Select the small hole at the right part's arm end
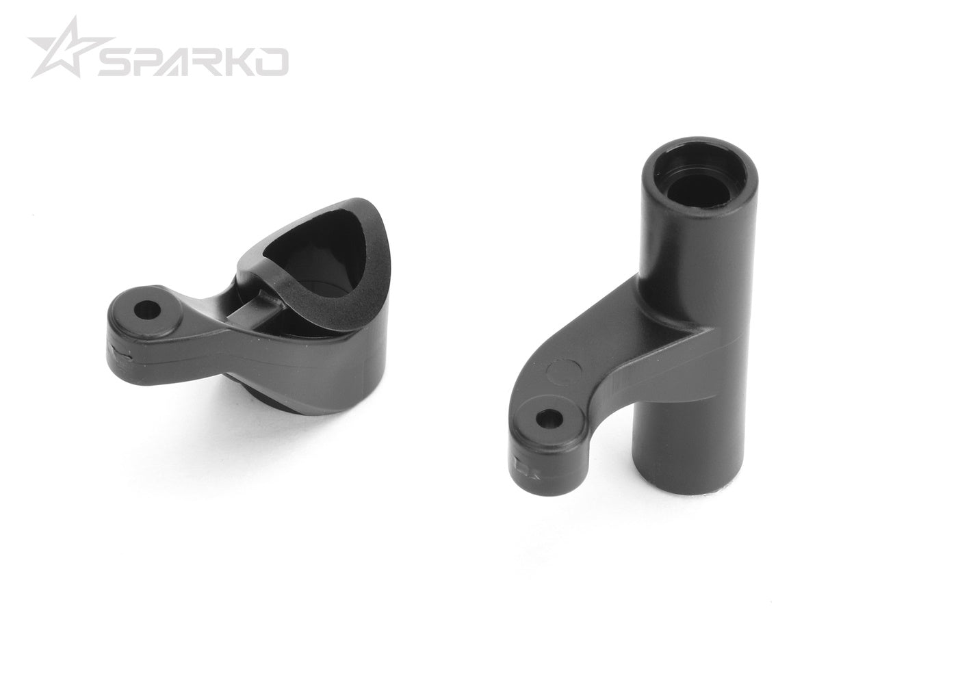pos(547,418)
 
